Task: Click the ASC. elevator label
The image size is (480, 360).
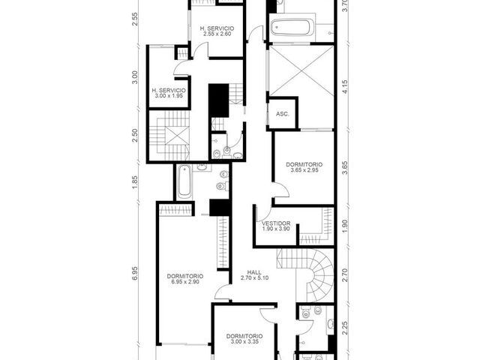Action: tap(282, 114)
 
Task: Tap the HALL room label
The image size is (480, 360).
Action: tap(254, 272)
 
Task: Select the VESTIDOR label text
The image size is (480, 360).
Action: tap(276, 223)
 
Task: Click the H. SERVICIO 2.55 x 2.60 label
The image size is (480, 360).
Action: tap(217, 31)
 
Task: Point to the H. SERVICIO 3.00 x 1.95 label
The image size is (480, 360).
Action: tap(169, 93)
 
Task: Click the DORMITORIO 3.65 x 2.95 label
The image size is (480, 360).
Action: tap(304, 167)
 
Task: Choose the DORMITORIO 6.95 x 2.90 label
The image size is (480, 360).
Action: tap(185, 279)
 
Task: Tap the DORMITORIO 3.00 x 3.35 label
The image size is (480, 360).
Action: tap(244, 339)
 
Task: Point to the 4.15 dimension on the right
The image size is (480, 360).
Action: tap(345, 87)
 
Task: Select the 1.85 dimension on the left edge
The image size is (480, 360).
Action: tap(135, 181)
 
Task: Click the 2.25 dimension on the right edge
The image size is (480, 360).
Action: tap(345, 328)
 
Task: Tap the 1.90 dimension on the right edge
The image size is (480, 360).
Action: tap(345, 226)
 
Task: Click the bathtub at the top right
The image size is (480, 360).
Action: tap(292, 27)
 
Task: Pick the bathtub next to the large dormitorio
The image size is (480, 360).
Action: tap(184, 181)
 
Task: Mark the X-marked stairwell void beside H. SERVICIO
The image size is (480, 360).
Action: tap(177, 135)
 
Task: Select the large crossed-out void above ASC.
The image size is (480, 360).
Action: tap(301, 71)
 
